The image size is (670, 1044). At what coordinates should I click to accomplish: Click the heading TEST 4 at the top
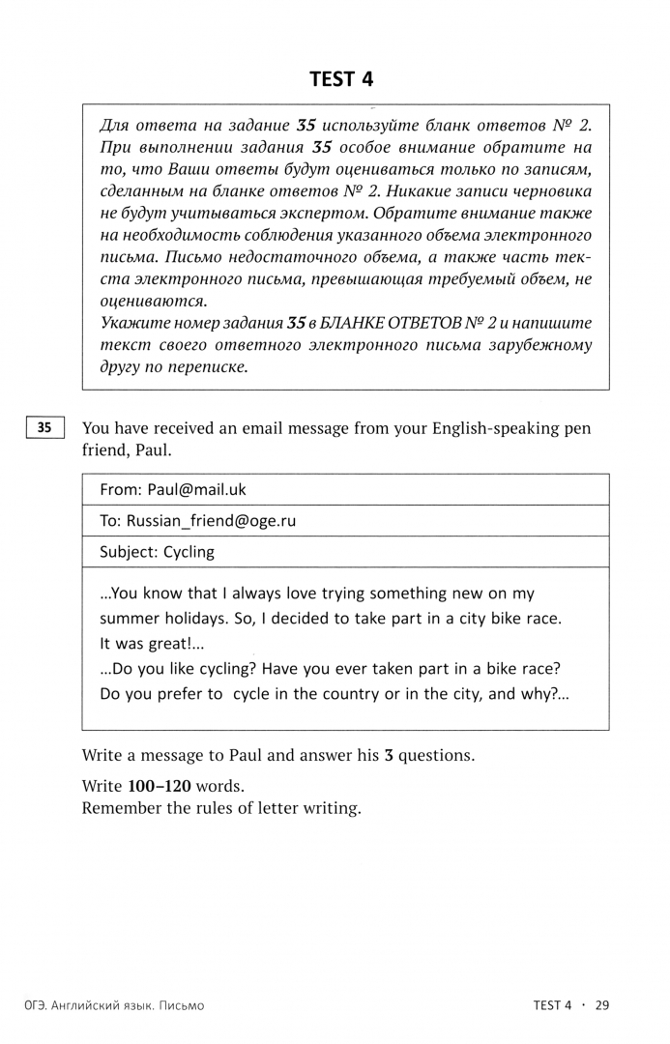coord(340,80)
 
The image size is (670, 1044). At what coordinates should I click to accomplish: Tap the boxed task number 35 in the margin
coord(44,427)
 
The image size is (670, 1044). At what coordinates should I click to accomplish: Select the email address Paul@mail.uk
coord(197,490)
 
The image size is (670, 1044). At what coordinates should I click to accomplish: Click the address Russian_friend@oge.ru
coord(211,521)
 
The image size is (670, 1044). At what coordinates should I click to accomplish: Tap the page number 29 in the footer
coord(601,1005)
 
